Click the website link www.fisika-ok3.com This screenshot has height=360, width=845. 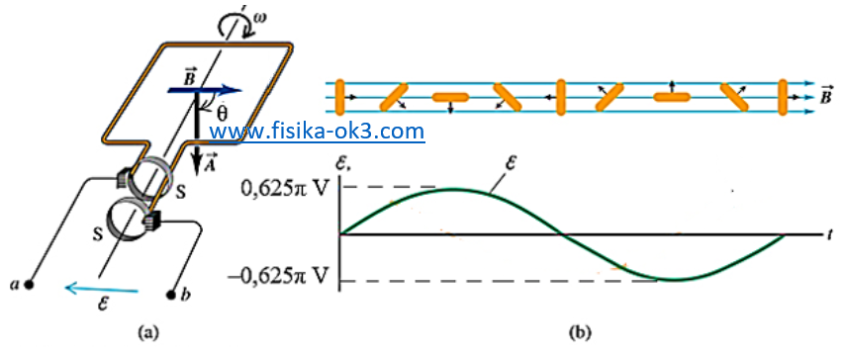click(x=317, y=132)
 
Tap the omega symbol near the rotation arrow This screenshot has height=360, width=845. click(x=260, y=15)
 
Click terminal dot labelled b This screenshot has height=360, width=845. click(x=172, y=293)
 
